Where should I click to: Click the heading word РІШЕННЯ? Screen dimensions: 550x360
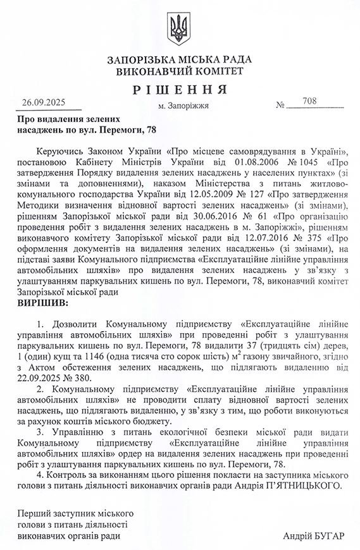tap(180, 89)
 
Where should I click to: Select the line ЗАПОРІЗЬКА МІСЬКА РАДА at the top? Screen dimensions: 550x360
tap(180, 60)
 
